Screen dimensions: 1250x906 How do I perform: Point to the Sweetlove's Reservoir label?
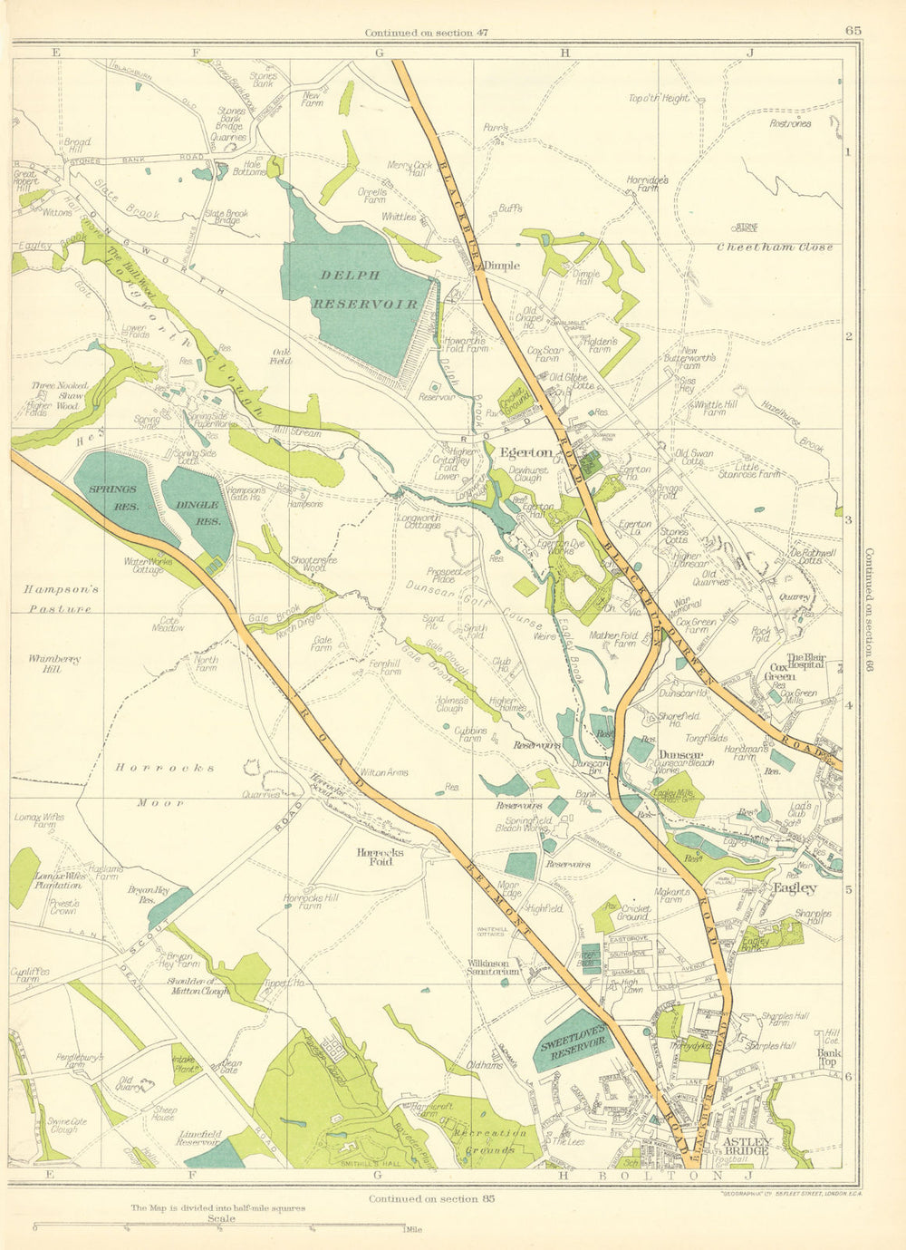573,1035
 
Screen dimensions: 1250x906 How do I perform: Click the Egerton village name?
525,451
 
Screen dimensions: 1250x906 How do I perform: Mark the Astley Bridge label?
747,1146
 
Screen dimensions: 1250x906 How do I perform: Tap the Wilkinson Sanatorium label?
494,968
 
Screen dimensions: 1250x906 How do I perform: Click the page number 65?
853,30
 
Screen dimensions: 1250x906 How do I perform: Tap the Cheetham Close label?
774,247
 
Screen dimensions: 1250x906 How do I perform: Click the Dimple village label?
501,266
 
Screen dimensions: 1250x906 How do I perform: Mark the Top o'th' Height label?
659,99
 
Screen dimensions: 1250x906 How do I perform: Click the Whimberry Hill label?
44,664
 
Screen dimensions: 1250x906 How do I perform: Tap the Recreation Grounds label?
484,1141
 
